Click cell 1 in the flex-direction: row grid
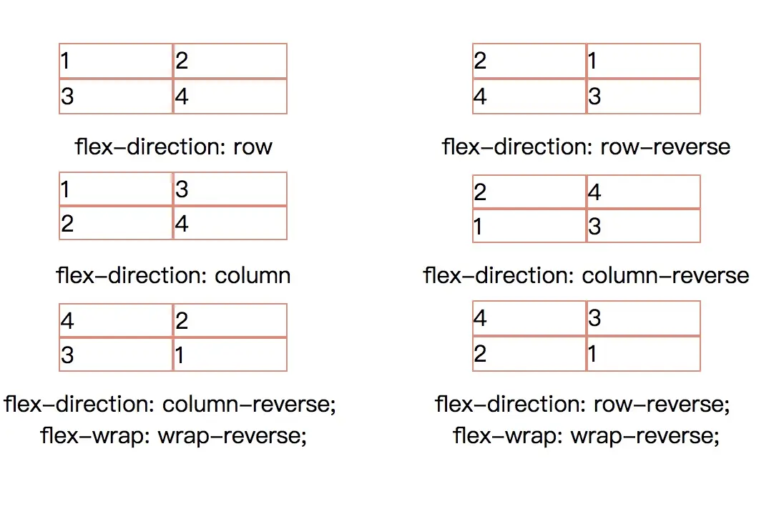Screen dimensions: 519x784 (x=116, y=61)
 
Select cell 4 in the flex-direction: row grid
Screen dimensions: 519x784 (x=230, y=97)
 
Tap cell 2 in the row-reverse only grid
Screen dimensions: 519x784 (x=529, y=61)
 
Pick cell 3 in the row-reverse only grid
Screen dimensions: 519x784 (x=643, y=97)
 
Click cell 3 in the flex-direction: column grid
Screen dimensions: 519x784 (x=230, y=189)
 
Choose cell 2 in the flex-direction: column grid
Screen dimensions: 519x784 (x=116, y=224)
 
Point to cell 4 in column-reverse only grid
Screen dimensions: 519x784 (x=643, y=192)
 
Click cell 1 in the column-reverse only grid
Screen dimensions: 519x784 (x=529, y=227)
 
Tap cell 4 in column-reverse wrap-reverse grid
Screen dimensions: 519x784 (x=116, y=320)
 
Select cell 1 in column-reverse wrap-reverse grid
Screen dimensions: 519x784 (x=230, y=355)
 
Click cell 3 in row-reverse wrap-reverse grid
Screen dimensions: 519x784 (x=643, y=318)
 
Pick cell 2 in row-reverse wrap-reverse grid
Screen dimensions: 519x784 (x=529, y=353)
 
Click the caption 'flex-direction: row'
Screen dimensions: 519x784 (x=174, y=147)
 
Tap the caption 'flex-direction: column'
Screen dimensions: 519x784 (x=174, y=275)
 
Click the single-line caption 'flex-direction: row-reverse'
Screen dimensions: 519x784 (x=587, y=147)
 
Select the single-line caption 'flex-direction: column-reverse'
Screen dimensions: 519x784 (x=587, y=275)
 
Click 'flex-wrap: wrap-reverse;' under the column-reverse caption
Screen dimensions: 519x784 (x=174, y=435)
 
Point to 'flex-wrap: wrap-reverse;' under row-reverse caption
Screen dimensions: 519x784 (x=587, y=435)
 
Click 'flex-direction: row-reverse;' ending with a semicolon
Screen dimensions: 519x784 (x=582, y=405)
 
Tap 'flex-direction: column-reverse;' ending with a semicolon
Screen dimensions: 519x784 (x=170, y=405)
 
